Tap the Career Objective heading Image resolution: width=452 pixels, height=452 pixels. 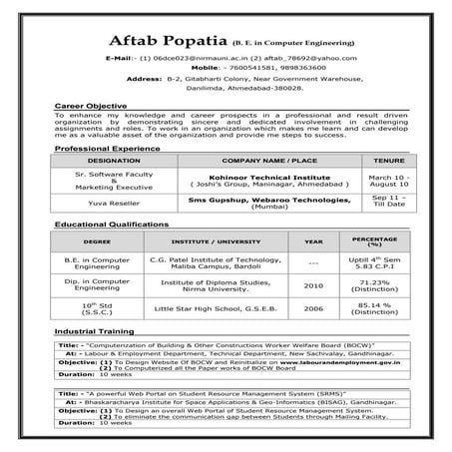pos(91,105)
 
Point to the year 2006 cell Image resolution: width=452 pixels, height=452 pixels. pos(313,308)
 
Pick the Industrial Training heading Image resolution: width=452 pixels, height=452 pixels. pos(95,329)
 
